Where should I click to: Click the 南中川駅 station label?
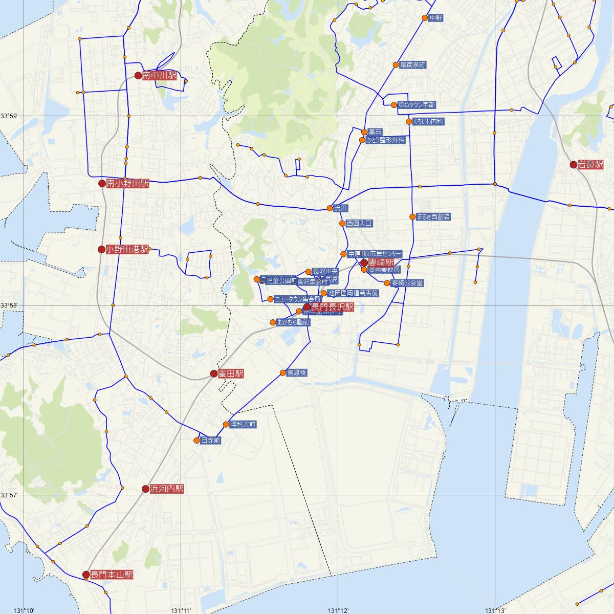tap(159, 76)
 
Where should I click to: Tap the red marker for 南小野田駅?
tap(102, 183)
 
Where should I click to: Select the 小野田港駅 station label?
tap(127, 250)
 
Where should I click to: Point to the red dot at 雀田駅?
tap(214, 374)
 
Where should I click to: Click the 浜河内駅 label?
tap(166, 489)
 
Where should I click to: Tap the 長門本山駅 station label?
tap(112, 575)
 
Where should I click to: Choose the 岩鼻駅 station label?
tap(590, 165)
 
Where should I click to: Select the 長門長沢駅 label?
tap(333, 308)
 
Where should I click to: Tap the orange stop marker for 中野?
tap(425, 18)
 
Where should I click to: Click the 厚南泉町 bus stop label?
tap(413, 65)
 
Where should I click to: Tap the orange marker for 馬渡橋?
tap(282, 372)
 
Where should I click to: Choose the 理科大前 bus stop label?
tap(243, 424)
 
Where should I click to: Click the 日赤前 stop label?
tap(210, 440)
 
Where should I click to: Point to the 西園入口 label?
tap(359, 224)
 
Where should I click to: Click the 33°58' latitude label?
tap(9, 305)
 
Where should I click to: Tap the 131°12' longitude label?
tap(338, 610)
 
